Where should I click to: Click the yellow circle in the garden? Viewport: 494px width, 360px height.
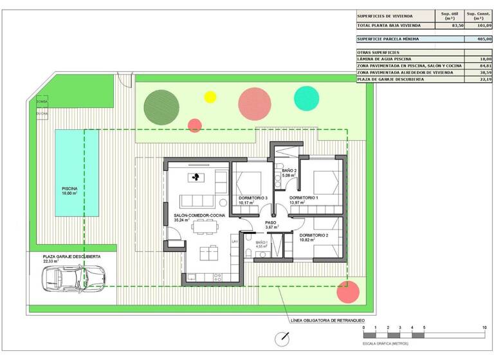(210, 97)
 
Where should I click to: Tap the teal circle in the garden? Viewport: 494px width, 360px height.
(306, 98)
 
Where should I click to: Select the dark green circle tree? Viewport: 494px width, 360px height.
(158, 106)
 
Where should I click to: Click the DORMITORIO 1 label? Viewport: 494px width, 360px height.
(304, 198)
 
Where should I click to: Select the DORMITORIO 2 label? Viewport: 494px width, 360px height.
(314, 236)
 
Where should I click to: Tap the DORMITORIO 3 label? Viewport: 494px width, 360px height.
(253, 198)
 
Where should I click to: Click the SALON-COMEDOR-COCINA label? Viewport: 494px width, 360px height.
(199, 215)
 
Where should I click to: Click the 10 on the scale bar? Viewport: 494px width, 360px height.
(484, 328)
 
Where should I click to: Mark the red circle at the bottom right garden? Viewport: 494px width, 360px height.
(348, 292)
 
